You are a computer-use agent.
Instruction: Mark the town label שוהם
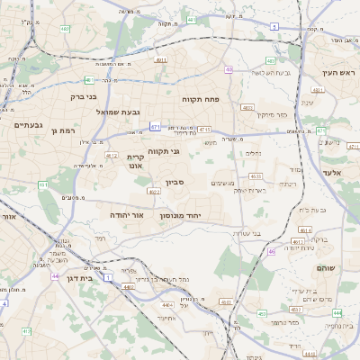326,268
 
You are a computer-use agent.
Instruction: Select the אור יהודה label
126,216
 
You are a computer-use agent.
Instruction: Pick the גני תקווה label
163,151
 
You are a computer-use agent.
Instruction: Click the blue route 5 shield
273,27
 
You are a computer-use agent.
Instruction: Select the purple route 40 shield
229,69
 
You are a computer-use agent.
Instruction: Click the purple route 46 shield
271,251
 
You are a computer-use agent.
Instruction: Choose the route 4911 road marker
160,60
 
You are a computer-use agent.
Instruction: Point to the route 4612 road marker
112,155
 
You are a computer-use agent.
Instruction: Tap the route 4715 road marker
204,130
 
